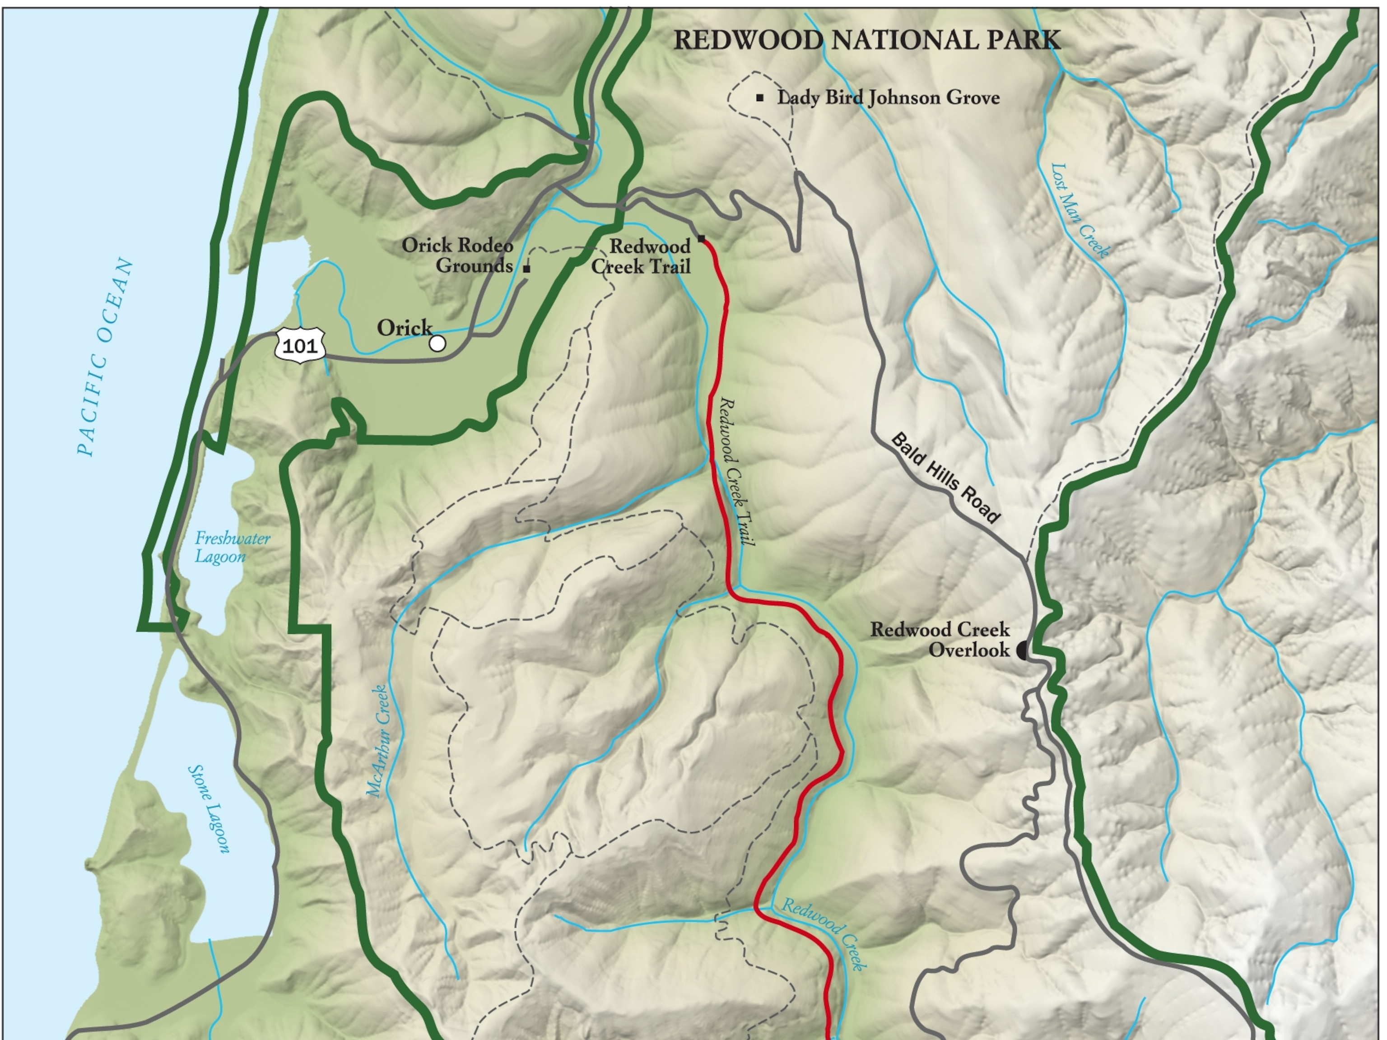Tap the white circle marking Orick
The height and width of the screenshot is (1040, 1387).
point(438,343)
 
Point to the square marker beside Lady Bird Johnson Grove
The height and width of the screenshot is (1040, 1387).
point(760,98)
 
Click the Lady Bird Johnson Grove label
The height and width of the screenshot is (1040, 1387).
point(888,98)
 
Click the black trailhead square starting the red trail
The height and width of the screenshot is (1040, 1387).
point(702,238)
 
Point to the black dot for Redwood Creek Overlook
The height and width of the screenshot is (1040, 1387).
point(1022,650)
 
